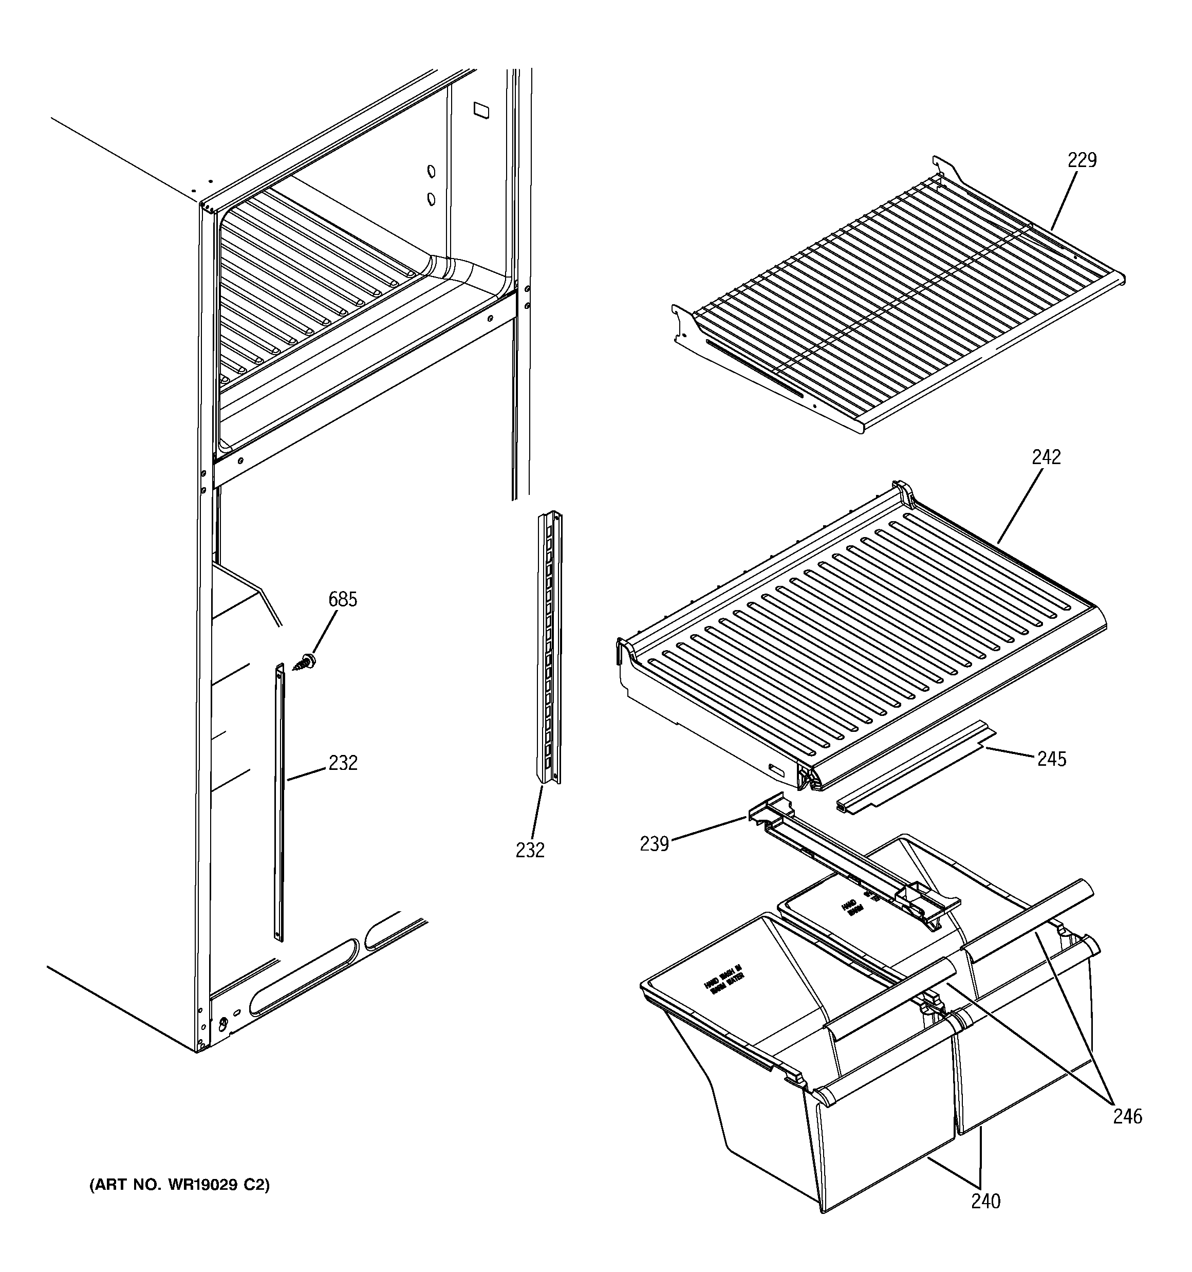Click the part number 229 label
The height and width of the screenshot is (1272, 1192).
point(1082,160)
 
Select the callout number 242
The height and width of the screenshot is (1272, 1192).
point(1046,457)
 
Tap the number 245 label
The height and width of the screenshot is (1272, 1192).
point(1052,760)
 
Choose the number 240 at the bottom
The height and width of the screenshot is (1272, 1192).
point(985,1202)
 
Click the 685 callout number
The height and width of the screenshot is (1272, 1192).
point(342,600)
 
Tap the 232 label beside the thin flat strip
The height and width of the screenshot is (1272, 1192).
point(342,763)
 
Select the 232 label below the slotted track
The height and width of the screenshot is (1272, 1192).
point(530,851)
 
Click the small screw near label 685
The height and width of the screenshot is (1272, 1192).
point(306,661)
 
